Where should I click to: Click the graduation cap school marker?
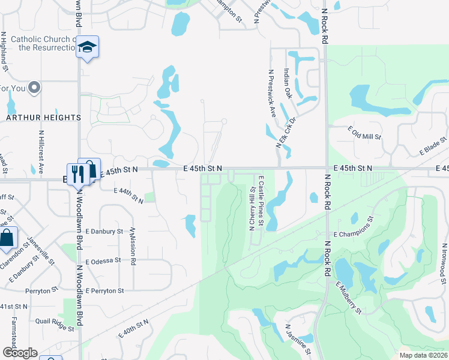[x=87, y=47]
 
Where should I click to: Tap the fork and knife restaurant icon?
[x=76, y=173]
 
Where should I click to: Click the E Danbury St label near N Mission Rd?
[x=104, y=231]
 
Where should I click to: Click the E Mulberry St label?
[x=348, y=298]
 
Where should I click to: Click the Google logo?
[x=20, y=353]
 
